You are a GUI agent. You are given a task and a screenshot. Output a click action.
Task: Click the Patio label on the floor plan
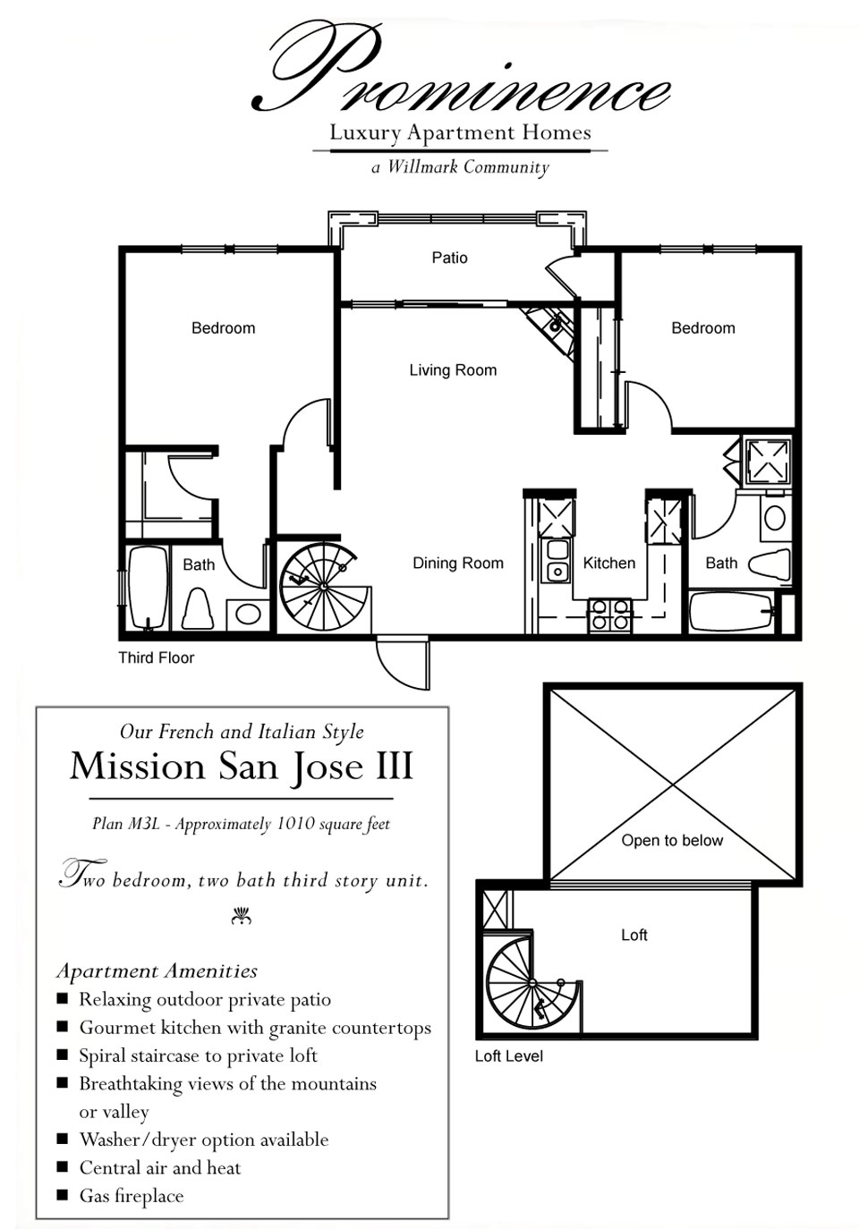[x=449, y=258]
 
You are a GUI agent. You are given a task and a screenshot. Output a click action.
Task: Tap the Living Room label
[x=453, y=370]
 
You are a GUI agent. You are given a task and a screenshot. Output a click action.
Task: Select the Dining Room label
[x=457, y=564]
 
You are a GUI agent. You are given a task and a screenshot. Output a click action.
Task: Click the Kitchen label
[x=608, y=564]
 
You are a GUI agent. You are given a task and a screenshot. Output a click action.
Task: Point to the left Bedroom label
[x=223, y=328]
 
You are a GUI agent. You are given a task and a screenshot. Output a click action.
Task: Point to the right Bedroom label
[x=703, y=328]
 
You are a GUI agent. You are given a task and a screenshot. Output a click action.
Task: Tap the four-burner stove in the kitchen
[x=610, y=615]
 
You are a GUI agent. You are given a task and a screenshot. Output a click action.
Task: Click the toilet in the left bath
[x=198, y=608]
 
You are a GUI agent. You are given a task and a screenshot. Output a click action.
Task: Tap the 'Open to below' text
[x=672, y=841]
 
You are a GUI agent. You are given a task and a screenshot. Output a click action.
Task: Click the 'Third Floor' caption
[x=156, y=658]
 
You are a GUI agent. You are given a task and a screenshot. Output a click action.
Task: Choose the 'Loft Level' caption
[x=508, y=1056]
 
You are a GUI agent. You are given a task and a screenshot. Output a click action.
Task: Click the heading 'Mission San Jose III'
[x=242, y=767]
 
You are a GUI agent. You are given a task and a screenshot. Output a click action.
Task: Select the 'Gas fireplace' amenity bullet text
[x=132, y=1196]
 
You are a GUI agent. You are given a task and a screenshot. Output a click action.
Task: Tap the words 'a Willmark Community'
[x=460, y=167]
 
